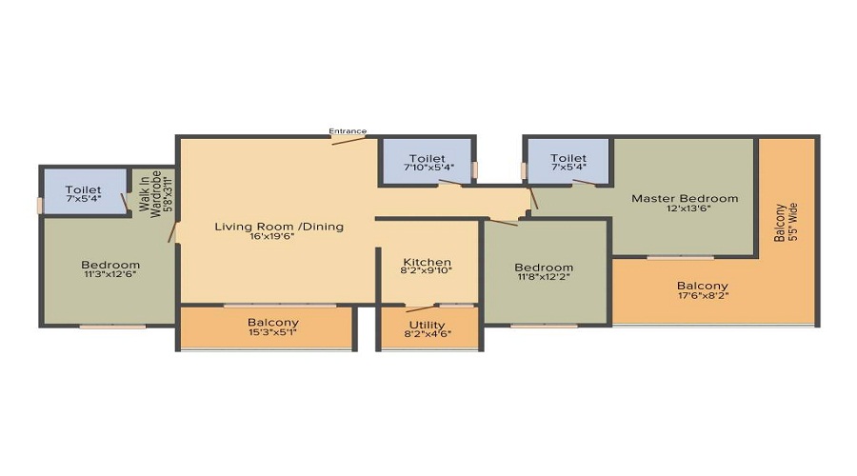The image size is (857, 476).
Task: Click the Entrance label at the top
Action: [x=348, y=131]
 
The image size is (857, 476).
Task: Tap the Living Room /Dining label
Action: [x=279, y=227]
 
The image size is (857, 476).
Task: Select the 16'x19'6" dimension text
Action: [x=271, y=237]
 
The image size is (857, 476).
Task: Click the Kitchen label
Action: [x=427, y=262]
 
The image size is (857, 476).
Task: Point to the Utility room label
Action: [x=427, y=326]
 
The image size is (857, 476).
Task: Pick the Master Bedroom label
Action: [x=685, y=198]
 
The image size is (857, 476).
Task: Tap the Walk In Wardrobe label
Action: [x=150, y=194]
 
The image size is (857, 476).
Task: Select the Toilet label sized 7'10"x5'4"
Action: [x=427, y=159]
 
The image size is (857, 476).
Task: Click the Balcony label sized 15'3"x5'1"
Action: [x=272, y=323]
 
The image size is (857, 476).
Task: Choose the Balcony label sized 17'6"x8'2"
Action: [x=703, y=286]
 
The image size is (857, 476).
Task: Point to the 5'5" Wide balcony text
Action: [x=793, y=223]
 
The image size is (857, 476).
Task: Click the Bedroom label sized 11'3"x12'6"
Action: [x=110, y=265]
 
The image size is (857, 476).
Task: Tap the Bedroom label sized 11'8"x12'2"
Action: [x=544, y=268]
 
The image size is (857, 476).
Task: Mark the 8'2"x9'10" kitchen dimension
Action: [x=427, y=270]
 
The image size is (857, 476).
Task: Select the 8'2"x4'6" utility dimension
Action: [x=428, y=334]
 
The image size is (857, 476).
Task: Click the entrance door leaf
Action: [x=349, y=141]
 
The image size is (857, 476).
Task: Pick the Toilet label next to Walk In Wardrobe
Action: [x=83, y=189]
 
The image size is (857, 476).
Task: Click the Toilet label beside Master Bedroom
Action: [x=568, y=158]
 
